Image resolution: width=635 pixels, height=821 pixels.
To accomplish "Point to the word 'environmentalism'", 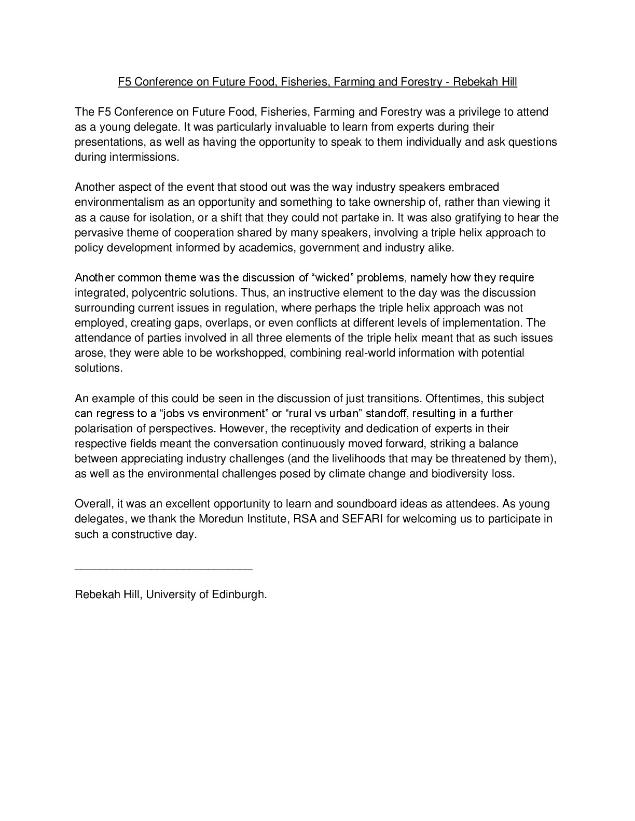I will (x=116, y=202).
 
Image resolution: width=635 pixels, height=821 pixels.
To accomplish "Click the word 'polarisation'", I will (x=103, y=429).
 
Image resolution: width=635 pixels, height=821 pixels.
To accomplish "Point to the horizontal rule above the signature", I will (x=163, y=570).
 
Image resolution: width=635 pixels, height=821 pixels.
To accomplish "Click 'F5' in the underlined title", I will (x=123, y=82).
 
